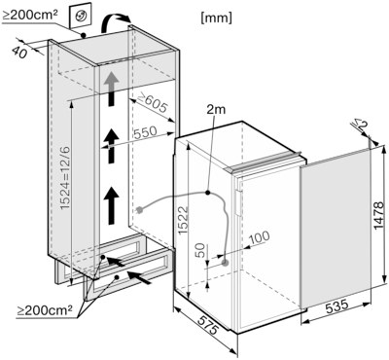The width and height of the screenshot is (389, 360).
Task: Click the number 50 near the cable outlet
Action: click(x=199, y=250)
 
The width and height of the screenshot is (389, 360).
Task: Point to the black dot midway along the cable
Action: click(x=208, y=194)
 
